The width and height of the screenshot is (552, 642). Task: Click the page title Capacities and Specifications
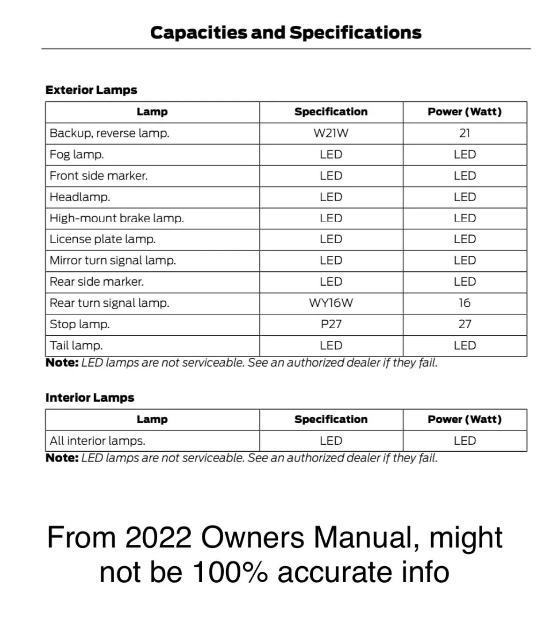[286, 33]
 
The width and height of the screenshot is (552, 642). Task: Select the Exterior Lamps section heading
[91, 90]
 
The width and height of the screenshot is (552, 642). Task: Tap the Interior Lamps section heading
[90, 397]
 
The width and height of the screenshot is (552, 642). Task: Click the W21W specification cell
[331, 133]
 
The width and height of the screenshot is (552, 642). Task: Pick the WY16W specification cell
[331, 303]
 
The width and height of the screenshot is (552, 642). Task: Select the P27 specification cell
[331, 324]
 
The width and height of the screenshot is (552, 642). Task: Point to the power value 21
[464, 133]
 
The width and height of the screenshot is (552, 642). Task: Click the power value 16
[464, 303]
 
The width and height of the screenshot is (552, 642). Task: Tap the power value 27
[464, 324]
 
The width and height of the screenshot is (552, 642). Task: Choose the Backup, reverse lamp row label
[110, 133]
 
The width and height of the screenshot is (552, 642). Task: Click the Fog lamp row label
[77, 154]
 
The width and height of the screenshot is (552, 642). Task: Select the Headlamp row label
[80, 197]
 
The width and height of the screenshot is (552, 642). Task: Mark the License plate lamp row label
[103, 239]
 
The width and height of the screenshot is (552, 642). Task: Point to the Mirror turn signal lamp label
[113, 260]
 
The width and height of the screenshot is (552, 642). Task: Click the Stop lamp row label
[80, 324]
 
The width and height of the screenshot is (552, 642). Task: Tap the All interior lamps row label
[97, 440]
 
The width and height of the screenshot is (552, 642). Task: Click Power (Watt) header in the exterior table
[464, 112]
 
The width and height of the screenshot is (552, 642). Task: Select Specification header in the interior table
[331, 419]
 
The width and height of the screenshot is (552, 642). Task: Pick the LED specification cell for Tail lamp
[331, 346]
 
